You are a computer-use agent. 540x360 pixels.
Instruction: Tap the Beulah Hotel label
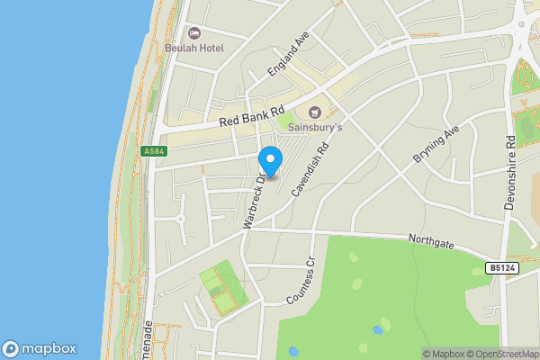[194, 47]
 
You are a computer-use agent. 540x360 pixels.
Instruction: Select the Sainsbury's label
[314, 128]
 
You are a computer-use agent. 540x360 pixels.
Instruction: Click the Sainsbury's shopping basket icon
[314, 112]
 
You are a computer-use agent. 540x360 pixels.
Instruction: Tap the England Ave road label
[288, 58]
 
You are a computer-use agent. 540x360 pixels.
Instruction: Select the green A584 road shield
[154, 152]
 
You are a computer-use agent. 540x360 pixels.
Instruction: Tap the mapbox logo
[39, 349]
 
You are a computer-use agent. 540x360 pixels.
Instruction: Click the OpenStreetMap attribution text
[496, 354]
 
